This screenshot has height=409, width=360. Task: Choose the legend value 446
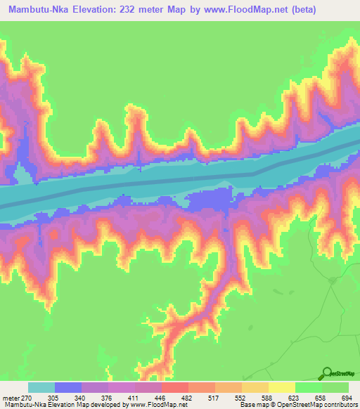162,397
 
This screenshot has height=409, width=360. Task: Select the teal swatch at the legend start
41,387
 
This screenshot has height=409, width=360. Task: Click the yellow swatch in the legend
281,387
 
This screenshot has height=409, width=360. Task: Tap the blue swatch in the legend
68,387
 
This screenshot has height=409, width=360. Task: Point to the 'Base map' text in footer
252,405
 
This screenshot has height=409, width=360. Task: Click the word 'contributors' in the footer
341,405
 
